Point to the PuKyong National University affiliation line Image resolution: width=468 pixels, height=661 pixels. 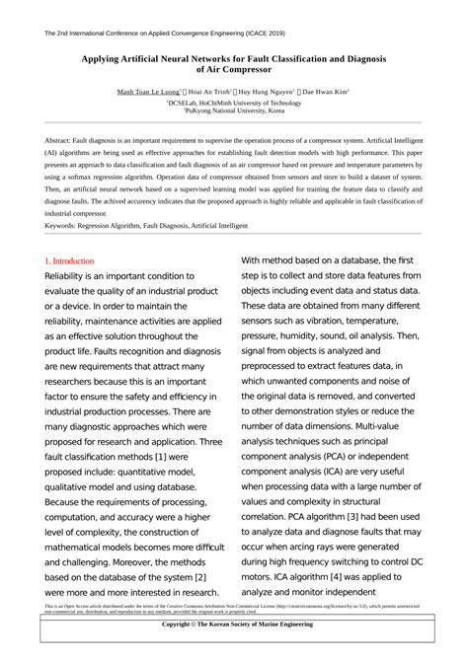(233, 111)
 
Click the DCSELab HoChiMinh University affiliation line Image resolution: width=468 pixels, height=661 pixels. (233, 102)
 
